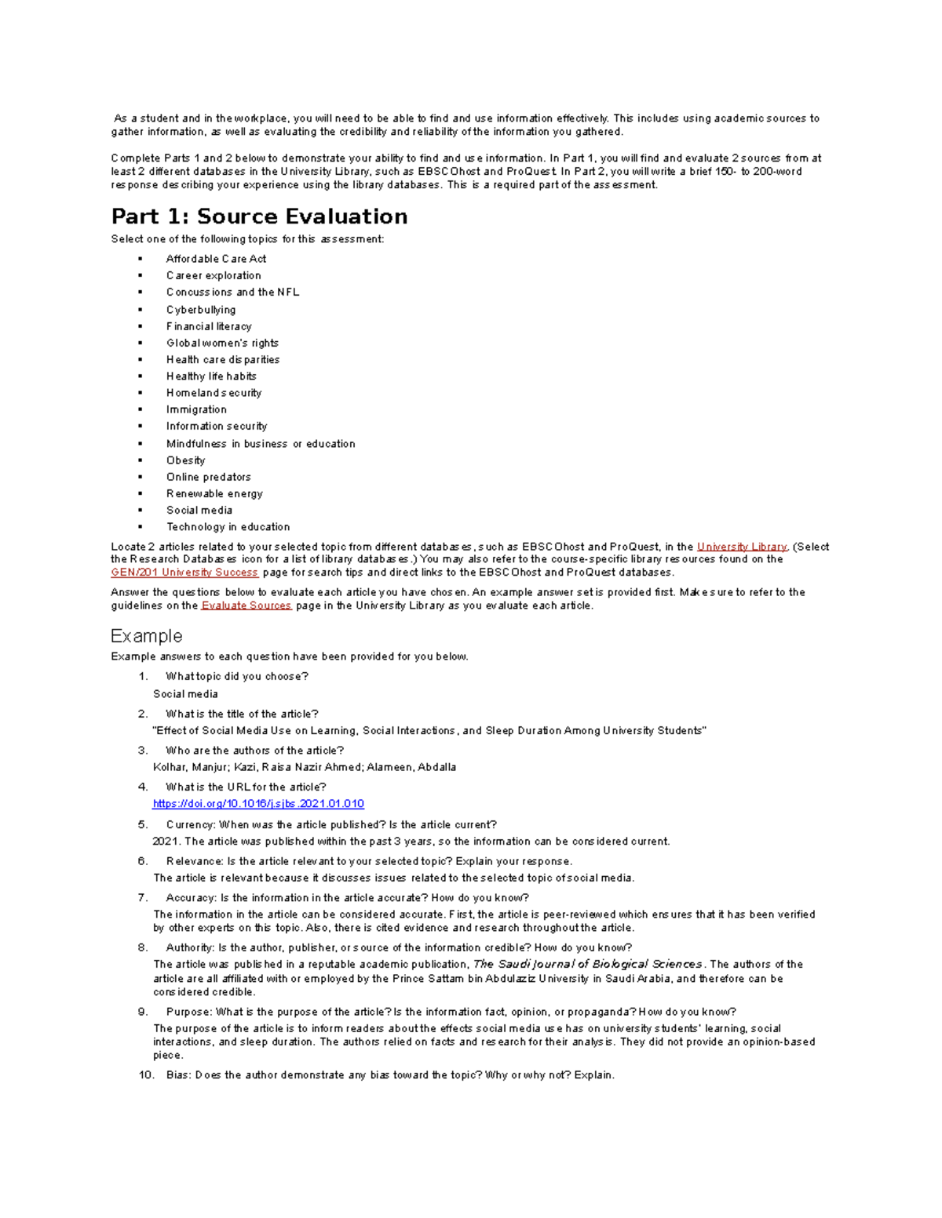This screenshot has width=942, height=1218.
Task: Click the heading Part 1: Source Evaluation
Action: (259, 216)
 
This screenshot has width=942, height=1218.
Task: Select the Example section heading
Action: (147, 635)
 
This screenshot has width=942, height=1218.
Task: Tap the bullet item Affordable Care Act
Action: (216, 259)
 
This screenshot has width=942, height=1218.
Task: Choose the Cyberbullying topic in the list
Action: (201, 310)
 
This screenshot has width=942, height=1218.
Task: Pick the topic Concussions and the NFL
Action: (232, 292)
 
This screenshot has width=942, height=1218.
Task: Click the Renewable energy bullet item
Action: (214, 493)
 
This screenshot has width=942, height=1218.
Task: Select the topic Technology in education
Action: (228, 527)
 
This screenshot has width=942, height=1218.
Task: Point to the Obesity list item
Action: (185, 460)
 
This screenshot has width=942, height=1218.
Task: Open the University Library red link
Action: (742, 547)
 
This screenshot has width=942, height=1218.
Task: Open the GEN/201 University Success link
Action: (184, 573)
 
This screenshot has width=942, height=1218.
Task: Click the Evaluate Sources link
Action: (246, 605)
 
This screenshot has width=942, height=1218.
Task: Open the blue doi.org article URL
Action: (258, 804)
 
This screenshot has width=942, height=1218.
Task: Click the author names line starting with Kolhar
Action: (305, 767)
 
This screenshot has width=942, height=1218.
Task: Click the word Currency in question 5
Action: (189, 824)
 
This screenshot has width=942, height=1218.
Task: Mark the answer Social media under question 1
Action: (185, 694)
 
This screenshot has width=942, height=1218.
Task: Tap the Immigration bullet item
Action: (196, 409)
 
